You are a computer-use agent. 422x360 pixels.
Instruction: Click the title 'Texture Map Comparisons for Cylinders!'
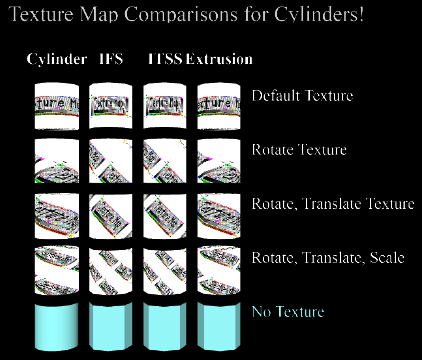186,14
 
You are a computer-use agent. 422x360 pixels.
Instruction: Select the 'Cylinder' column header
57,59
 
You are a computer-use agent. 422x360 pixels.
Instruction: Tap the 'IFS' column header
111,59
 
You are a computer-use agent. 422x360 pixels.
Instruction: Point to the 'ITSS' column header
165,59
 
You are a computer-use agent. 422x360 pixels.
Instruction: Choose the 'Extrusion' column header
219,59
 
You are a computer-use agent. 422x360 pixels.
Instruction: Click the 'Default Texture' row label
302,96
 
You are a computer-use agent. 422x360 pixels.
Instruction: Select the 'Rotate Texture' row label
299,150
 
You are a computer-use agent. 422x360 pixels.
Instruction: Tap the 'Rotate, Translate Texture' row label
333,204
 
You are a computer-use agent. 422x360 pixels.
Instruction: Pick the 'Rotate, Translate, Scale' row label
328,258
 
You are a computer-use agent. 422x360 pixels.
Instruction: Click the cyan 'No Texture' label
288,312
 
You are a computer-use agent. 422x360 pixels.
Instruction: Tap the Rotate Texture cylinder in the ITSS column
165,161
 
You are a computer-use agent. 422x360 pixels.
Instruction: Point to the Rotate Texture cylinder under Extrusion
219,161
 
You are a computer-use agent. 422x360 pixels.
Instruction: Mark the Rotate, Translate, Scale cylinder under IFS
111,269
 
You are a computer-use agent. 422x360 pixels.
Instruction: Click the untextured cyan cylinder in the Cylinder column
57,326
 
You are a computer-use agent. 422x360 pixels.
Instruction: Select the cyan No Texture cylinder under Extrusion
219,326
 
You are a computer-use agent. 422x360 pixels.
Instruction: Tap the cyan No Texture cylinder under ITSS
165,326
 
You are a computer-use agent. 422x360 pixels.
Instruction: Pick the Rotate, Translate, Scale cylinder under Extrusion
219,269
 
